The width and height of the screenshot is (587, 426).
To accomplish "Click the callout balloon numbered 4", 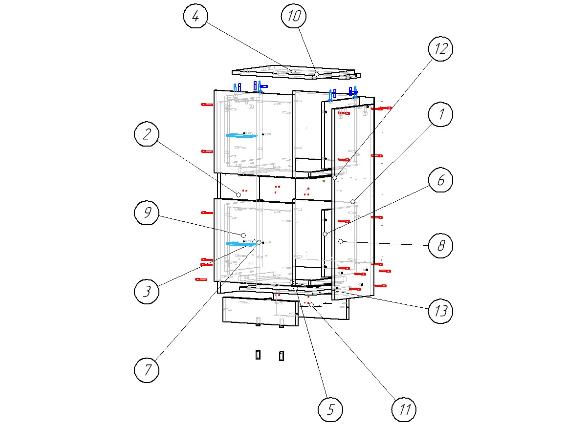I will click(x=196, y=17).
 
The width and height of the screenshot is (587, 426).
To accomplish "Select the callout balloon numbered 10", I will click(x=294, y=17).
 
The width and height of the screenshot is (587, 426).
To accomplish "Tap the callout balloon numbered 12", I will click(x=441, y=49).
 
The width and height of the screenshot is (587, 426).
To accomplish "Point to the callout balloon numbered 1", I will click(x=441, y=115).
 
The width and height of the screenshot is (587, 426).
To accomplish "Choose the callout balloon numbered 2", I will click(x=147, y=135).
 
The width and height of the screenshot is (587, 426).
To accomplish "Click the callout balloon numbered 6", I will click(x=441, y=180).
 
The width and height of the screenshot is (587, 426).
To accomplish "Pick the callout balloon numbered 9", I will click(x=147, y=213).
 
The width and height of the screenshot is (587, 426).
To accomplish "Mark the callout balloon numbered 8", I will click(x=441, y=245).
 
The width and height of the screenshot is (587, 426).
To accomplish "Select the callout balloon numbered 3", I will click(x=147, y=292).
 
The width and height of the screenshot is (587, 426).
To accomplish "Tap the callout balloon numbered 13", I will click(x=441, y=311).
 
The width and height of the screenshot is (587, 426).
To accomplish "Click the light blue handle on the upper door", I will click(x=240, y=135).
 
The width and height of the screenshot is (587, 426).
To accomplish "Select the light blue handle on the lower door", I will click(x=240, y=244).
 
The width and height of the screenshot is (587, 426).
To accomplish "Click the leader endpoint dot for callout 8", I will click(x=341, y=241).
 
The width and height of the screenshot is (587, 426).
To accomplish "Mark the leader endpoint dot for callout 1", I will click(x=352, y=202).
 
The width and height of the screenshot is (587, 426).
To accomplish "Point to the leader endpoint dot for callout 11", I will click(x=311, y=305).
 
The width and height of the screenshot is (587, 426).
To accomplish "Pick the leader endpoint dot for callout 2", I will click(x=239, y=194).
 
